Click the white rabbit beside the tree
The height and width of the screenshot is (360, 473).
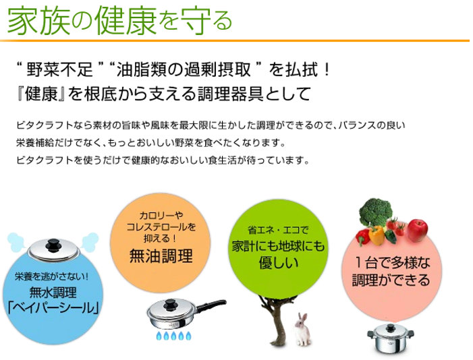click(302, 330)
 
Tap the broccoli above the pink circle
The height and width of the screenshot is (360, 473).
click(376, 212)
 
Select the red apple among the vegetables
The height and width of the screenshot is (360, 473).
click(418, 231)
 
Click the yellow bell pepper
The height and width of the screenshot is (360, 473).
click(377, 235)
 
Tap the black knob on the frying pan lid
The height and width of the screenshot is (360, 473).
click(171, 304)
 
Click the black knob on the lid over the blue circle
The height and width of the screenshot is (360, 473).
click(54, 245)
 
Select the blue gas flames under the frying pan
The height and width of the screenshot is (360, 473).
click(173, 336)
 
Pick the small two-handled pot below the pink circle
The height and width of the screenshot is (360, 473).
click(391, 338)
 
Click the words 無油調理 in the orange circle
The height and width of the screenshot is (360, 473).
click(161, 257)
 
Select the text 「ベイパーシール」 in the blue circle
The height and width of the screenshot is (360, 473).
click(53, 308)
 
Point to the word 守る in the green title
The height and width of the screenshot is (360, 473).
click(206, 21)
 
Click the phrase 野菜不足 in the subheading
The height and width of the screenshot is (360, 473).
click(59, 70)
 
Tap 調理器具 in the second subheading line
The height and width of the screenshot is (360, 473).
click(231, 94)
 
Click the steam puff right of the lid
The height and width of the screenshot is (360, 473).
click(90, 242)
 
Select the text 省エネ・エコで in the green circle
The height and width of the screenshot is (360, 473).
click(278, 231)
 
